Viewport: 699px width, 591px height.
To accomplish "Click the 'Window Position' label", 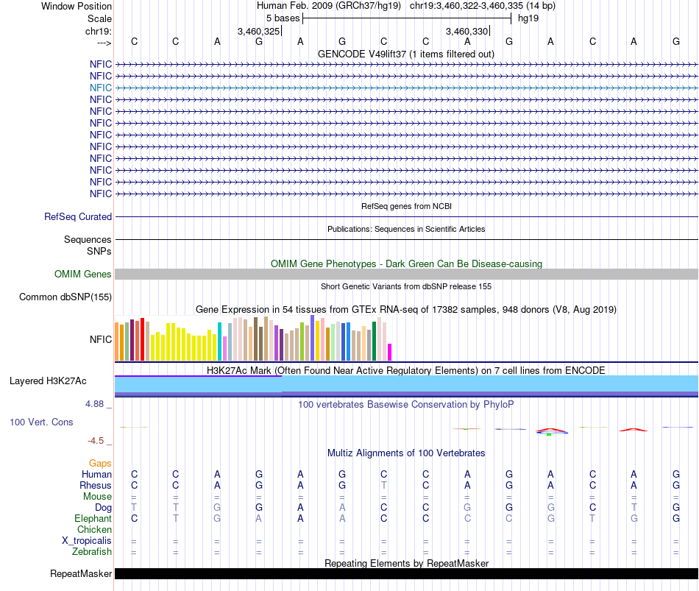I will (77, 6).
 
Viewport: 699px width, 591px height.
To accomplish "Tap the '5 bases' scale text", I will (283, 18).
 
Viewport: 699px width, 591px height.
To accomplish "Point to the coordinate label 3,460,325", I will (258, 31).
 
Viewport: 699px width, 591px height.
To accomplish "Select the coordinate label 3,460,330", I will (467, 31).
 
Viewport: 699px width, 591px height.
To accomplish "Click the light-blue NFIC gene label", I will (101, 88).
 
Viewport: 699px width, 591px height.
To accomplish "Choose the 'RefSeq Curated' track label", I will (78, 217).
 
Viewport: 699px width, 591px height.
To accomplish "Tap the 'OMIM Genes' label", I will (83, 275).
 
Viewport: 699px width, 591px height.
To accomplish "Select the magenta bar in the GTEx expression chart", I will (390, 352).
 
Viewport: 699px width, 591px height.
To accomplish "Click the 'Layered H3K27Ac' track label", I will (48, 381).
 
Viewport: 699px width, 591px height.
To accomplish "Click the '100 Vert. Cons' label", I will (41, 422).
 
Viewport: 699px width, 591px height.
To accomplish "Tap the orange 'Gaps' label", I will (100, 464).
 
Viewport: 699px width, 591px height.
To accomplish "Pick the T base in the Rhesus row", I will (383, 486).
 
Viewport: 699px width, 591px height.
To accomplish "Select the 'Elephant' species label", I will (92, 519).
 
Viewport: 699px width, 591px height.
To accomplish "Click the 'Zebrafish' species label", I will (91, 552).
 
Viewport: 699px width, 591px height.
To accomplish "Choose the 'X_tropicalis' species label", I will (87, 541).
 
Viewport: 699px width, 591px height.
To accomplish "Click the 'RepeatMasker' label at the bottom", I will (81, 574).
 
